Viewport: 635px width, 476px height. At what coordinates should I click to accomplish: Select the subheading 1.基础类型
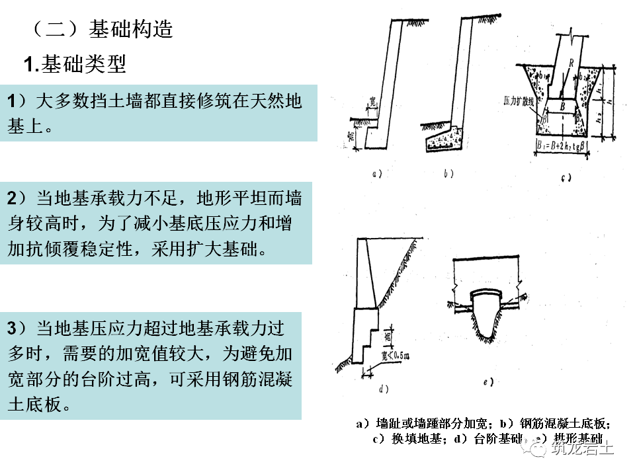pos(74,65)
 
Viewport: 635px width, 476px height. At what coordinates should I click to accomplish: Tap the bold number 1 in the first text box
pos(13,102)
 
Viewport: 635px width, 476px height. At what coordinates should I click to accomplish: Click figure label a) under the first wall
pos(378,175)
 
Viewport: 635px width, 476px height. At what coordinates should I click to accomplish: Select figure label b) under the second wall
pos(448,175)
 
